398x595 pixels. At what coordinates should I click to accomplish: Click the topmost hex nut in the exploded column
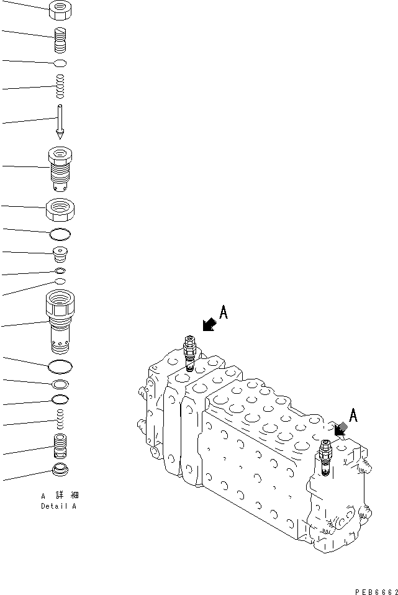point(60,9)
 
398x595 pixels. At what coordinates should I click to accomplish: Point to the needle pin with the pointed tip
point(60,122)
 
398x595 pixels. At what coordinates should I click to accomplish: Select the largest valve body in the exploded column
point(60,321)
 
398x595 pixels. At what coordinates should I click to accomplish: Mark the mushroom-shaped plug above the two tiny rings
point(60,254)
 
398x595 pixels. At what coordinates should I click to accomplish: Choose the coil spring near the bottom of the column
point(60,419)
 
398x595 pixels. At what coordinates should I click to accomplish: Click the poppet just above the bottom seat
point(60,445)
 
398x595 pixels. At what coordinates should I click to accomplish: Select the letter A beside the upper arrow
point(224,312)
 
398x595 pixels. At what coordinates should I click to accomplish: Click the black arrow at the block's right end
point(340,429)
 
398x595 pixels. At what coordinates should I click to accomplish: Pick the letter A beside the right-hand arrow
point(353,416)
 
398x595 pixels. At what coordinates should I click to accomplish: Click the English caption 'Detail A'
point(60,506)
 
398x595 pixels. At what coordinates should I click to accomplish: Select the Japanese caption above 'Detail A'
point(60,496)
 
